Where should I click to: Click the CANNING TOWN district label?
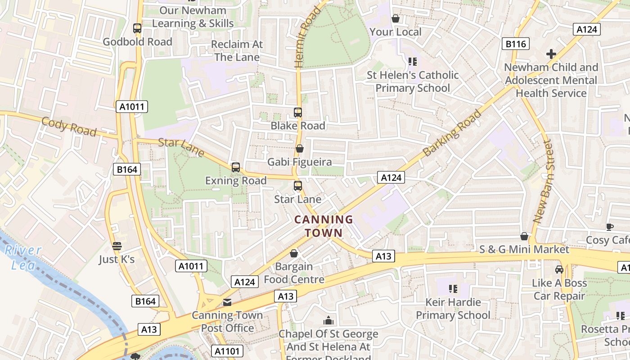coord(323,226)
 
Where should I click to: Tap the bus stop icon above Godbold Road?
coord(137,28)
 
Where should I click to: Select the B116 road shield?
coord(515,44)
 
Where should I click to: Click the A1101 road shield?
coord(227,351)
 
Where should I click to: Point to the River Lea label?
coord(23,257)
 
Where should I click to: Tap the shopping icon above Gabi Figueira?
coord(299,148)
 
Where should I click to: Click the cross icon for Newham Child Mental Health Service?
coord(551,54)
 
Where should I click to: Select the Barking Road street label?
coord(452,133)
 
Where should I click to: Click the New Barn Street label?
coord(542,181)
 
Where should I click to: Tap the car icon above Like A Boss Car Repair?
coord(559,269)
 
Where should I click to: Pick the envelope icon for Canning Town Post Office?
coord(227,302)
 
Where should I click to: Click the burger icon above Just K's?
coord(117,246)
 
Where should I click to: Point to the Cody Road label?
coord(69,126)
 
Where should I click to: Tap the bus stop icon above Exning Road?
coord(235,167)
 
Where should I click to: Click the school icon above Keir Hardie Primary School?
coord(453,288)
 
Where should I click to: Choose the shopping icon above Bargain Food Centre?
coord(294,254)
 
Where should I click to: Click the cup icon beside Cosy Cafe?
coord(610,227)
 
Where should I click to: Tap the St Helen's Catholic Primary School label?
coord(412,81)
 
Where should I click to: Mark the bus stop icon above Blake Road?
coord(297,112)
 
